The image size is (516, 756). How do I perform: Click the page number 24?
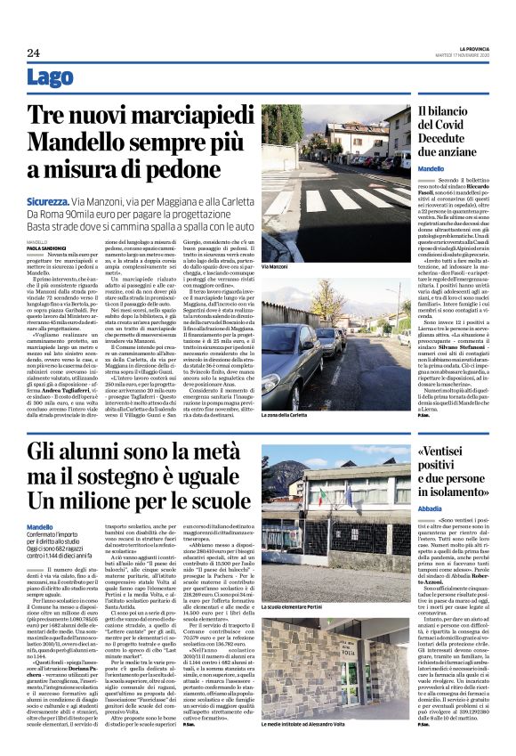[34, 53]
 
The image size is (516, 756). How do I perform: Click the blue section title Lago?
[51, 77]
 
